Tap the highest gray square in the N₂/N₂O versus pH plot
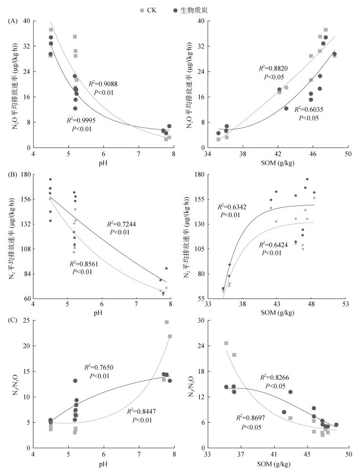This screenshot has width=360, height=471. click(167, 322)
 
